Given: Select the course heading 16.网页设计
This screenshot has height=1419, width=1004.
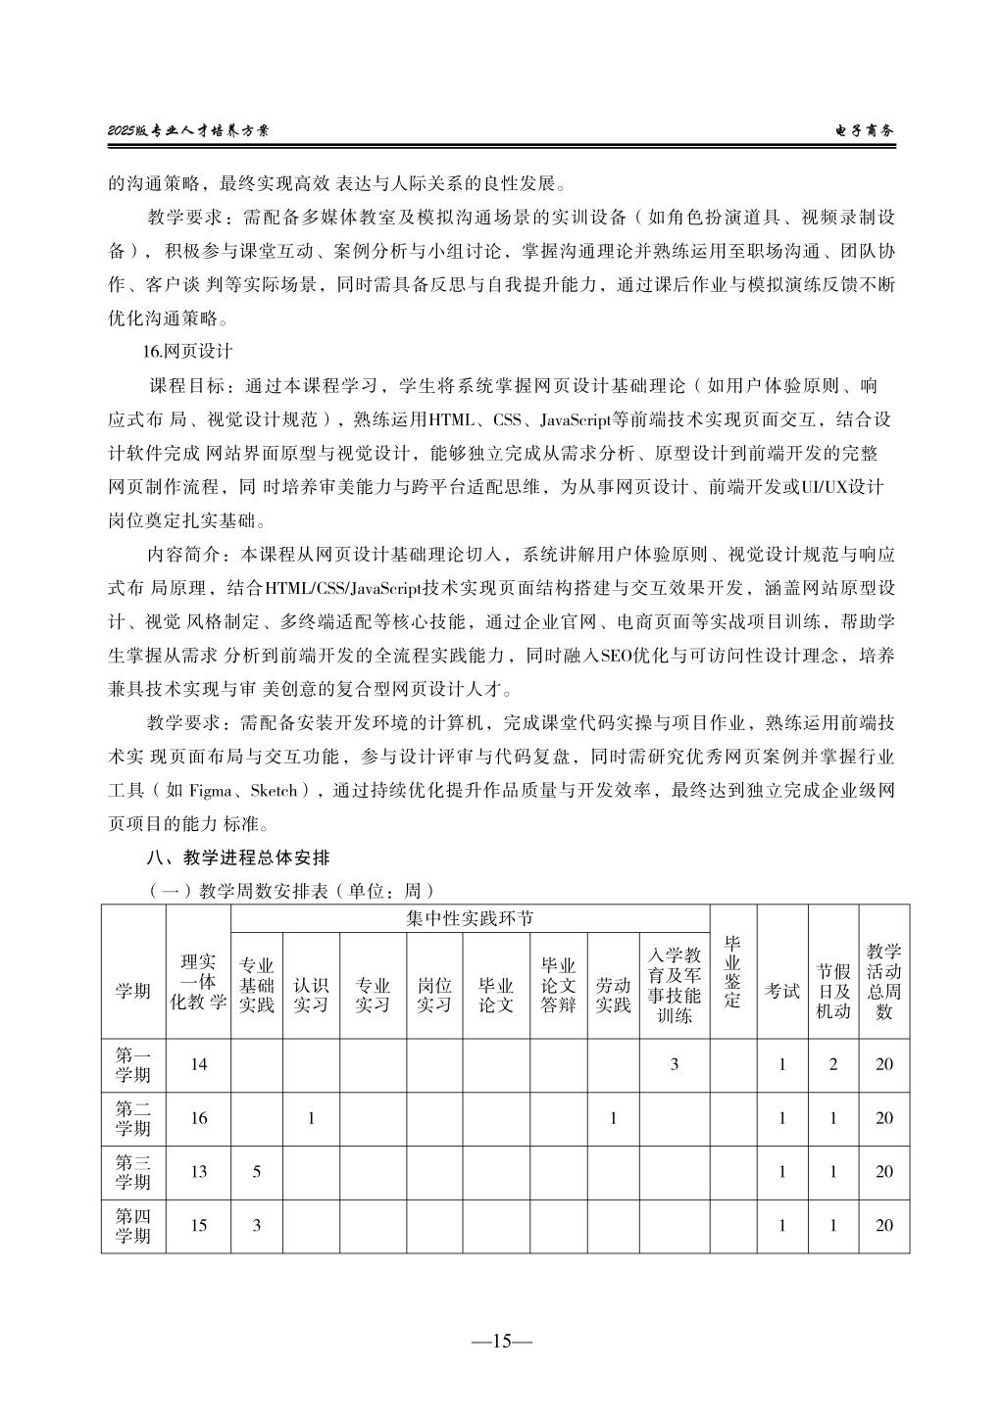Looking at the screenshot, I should pyautogui.click(x=188, y=350).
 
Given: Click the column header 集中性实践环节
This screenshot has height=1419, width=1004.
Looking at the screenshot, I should pyautogui.click(x=470, y=918).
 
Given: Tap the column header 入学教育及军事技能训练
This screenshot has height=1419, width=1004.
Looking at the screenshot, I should pyautogui.click(x=675, y=985).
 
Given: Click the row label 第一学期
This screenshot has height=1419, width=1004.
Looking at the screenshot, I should pyautogui.click(x=133, y=1065).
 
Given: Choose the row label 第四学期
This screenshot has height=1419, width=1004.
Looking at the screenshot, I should pyautogui.click(x=133, y=1226).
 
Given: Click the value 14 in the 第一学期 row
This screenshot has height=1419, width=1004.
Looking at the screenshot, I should pyautogui.click(x=199, y=1064).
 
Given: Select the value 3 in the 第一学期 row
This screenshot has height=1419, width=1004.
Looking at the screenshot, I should pyautogui.click(x=675, y=1064).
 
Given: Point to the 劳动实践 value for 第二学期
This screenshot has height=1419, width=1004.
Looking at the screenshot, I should pyautogui.click(x=613, y=1118).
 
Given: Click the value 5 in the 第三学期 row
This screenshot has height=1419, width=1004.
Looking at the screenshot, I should pyautogui.click(x=257, y=1171).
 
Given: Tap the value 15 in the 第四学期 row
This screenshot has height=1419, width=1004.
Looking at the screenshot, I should pyautogui.click(x=199, y=1225).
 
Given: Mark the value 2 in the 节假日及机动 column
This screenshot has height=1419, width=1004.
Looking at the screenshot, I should pyautogui.click(x=833, y=1064).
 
